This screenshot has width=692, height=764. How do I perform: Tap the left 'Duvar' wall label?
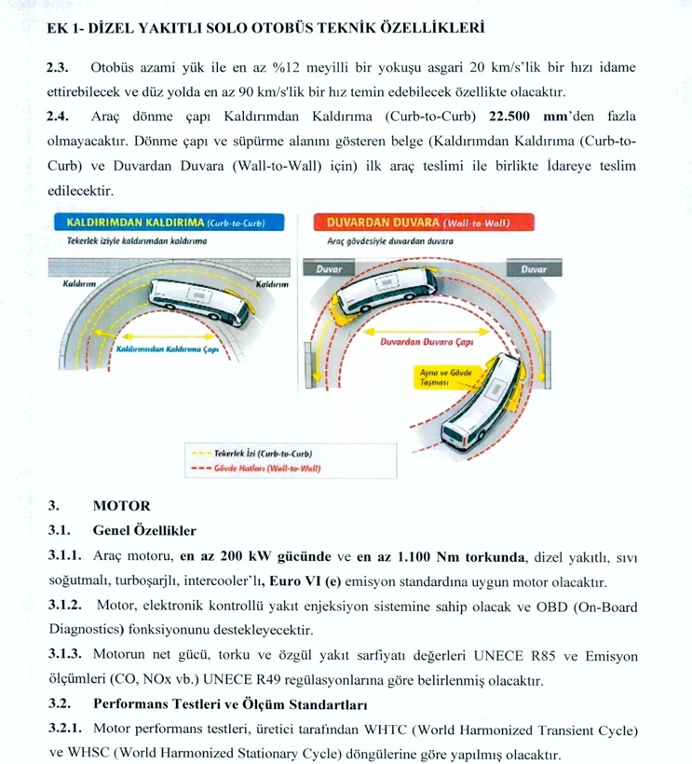point(327,268)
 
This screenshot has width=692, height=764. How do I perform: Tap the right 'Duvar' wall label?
point(533,268)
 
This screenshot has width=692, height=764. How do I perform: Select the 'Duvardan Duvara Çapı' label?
point(429,342)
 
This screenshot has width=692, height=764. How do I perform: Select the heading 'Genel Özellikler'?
point(144,531)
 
